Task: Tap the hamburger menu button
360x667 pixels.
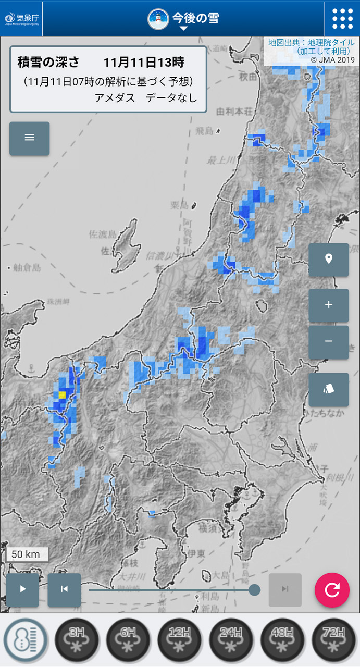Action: tap(29, 138)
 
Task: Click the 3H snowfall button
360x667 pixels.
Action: tap(77, 639)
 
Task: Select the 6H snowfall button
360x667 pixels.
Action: tap(128, 639)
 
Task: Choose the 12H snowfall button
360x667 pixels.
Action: tap(179, 639)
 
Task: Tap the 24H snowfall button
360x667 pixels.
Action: tap(231, 639)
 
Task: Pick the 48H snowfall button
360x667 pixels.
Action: tap(282, 639)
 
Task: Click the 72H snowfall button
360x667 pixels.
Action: tap(333, 639)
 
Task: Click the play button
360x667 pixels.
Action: tap(22, 589)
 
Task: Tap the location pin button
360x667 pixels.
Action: tap(328, 259)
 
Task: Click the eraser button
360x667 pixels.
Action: tap(328, 389)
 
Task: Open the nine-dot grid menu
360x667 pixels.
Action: tap(342, 19)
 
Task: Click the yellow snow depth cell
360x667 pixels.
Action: tap(62, 394)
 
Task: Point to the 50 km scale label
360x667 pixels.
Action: tap(26, 554)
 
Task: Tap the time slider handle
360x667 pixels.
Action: tap(254, 589)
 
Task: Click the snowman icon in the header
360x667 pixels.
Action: tap(157, 19)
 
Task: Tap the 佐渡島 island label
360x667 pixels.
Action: tap(103, 234)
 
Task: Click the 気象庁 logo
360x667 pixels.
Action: tap(21, 19)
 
